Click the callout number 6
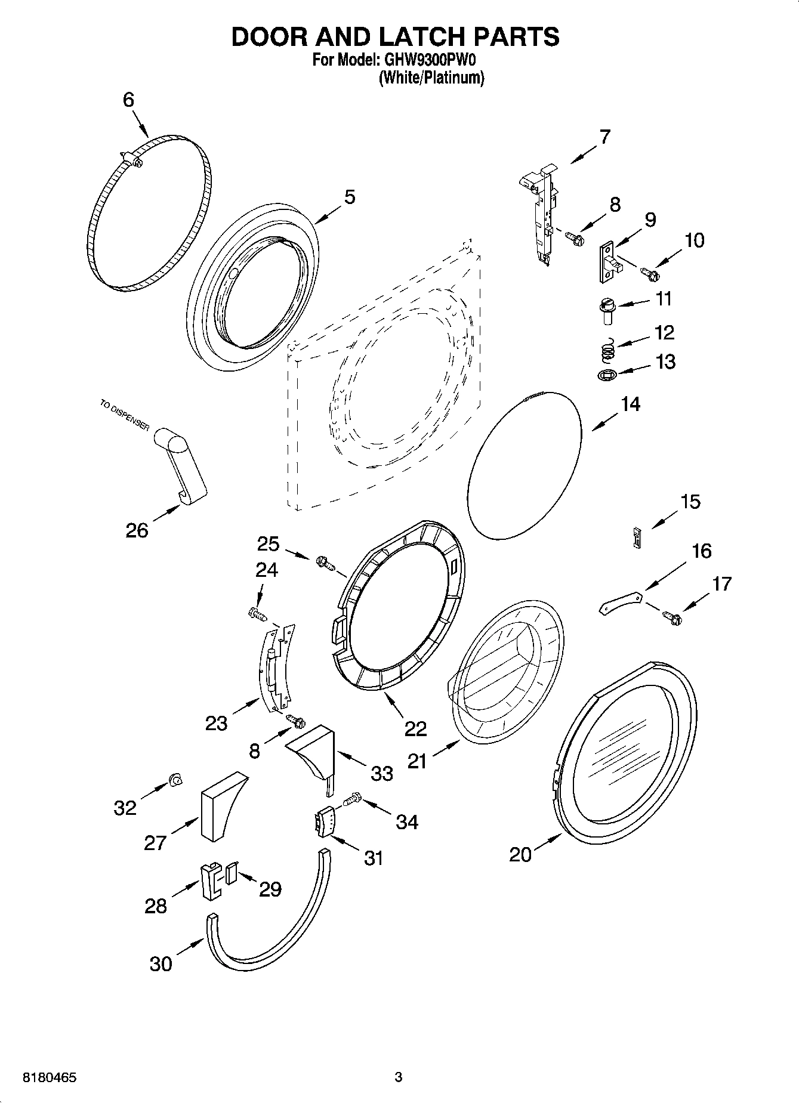click(129, 100)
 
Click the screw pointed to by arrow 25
click(326, 561)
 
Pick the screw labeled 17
click(671, 618)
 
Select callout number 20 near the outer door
click(520, 855)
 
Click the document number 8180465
click(50, 1078)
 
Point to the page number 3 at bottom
click(399, 1077)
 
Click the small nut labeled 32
click(175, 779)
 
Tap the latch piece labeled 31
click(324, 823)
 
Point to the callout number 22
click(415, 728)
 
